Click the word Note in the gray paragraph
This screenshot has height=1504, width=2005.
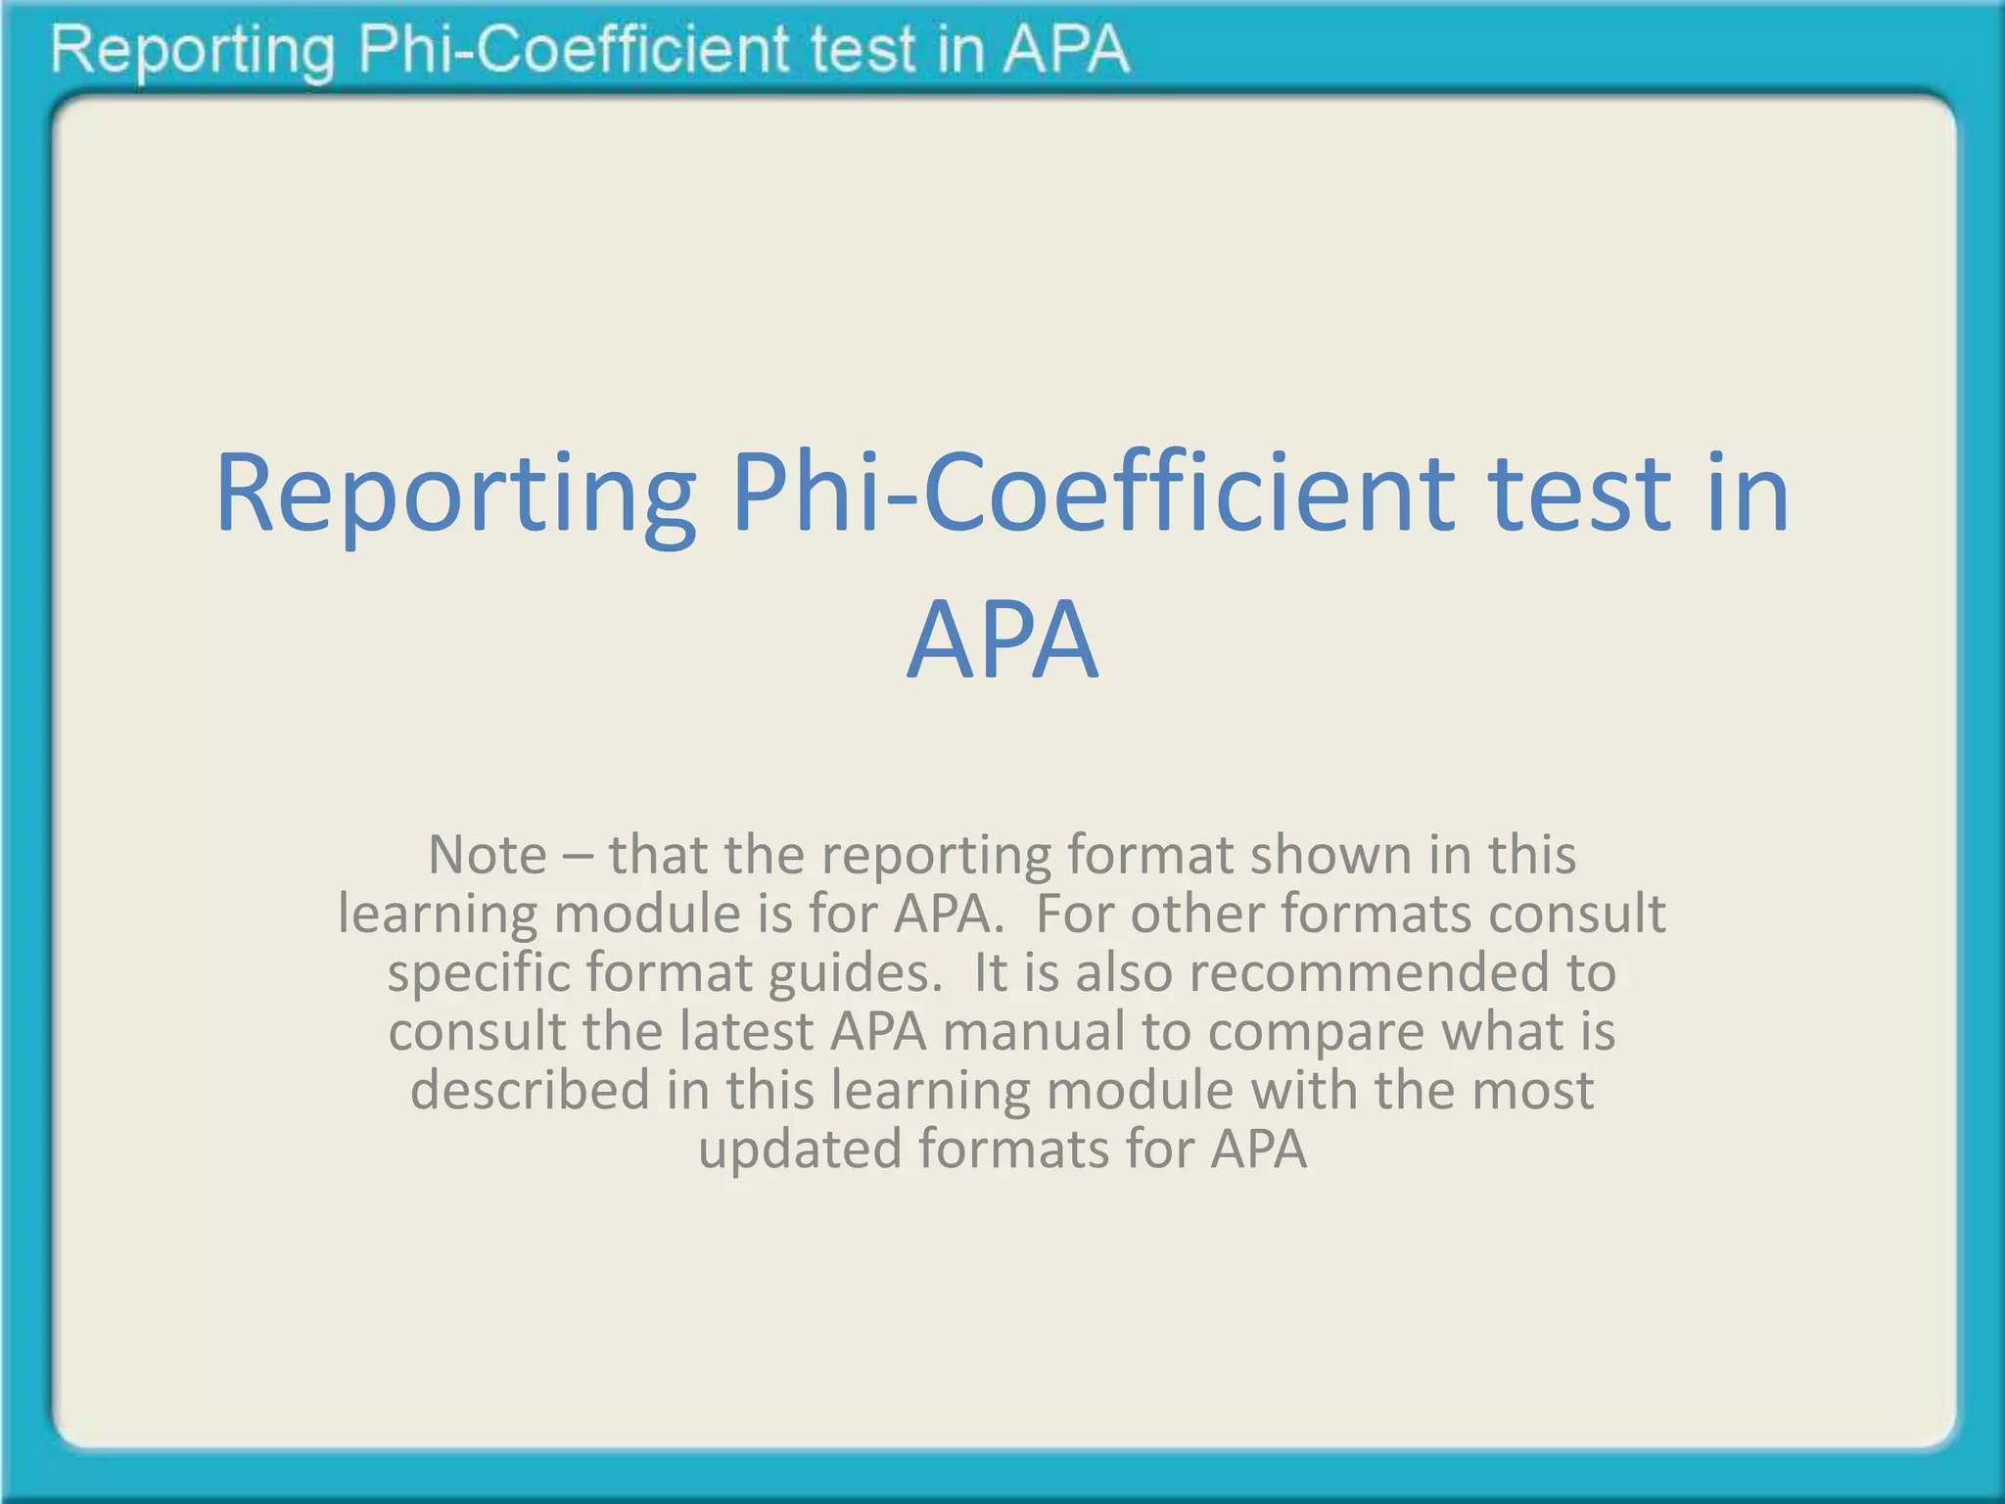(487, 855)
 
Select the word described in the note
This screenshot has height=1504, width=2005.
(530, 1090)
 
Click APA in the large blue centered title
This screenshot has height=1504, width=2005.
(1002, 640)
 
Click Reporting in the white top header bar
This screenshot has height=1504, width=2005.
(192, 51)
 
